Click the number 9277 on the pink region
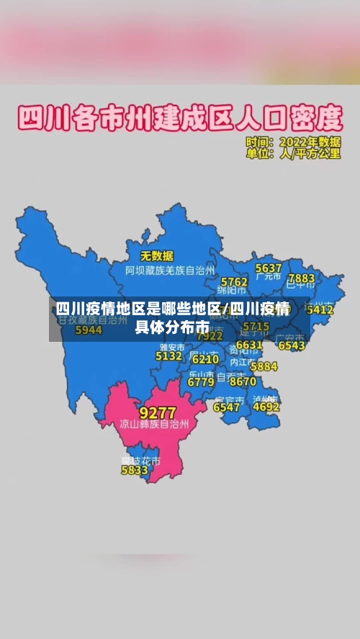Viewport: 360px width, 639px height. (x=157, y=413)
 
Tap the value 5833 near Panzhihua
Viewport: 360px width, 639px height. (x=134, y=471)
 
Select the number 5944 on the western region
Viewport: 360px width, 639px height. (x=89, y=330)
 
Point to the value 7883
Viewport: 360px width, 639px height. (x=301, y=278)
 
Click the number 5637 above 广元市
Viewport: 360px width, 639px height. (x=269, y=268)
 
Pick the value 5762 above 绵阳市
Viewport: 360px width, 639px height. (x=234, y=281)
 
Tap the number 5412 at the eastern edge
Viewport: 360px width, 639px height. (x=320, y=310)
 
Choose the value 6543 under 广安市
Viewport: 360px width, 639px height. (x=292, y=345)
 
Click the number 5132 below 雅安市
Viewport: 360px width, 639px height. (x=168, y=355)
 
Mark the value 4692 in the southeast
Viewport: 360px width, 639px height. (x=266, y=407)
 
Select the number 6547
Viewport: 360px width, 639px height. (x=227, y=407)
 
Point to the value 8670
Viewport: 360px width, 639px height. (x=243, y=381)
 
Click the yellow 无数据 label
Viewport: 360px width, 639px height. (x=156, y=255)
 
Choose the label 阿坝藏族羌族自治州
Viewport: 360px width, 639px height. (x=170, y=271)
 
